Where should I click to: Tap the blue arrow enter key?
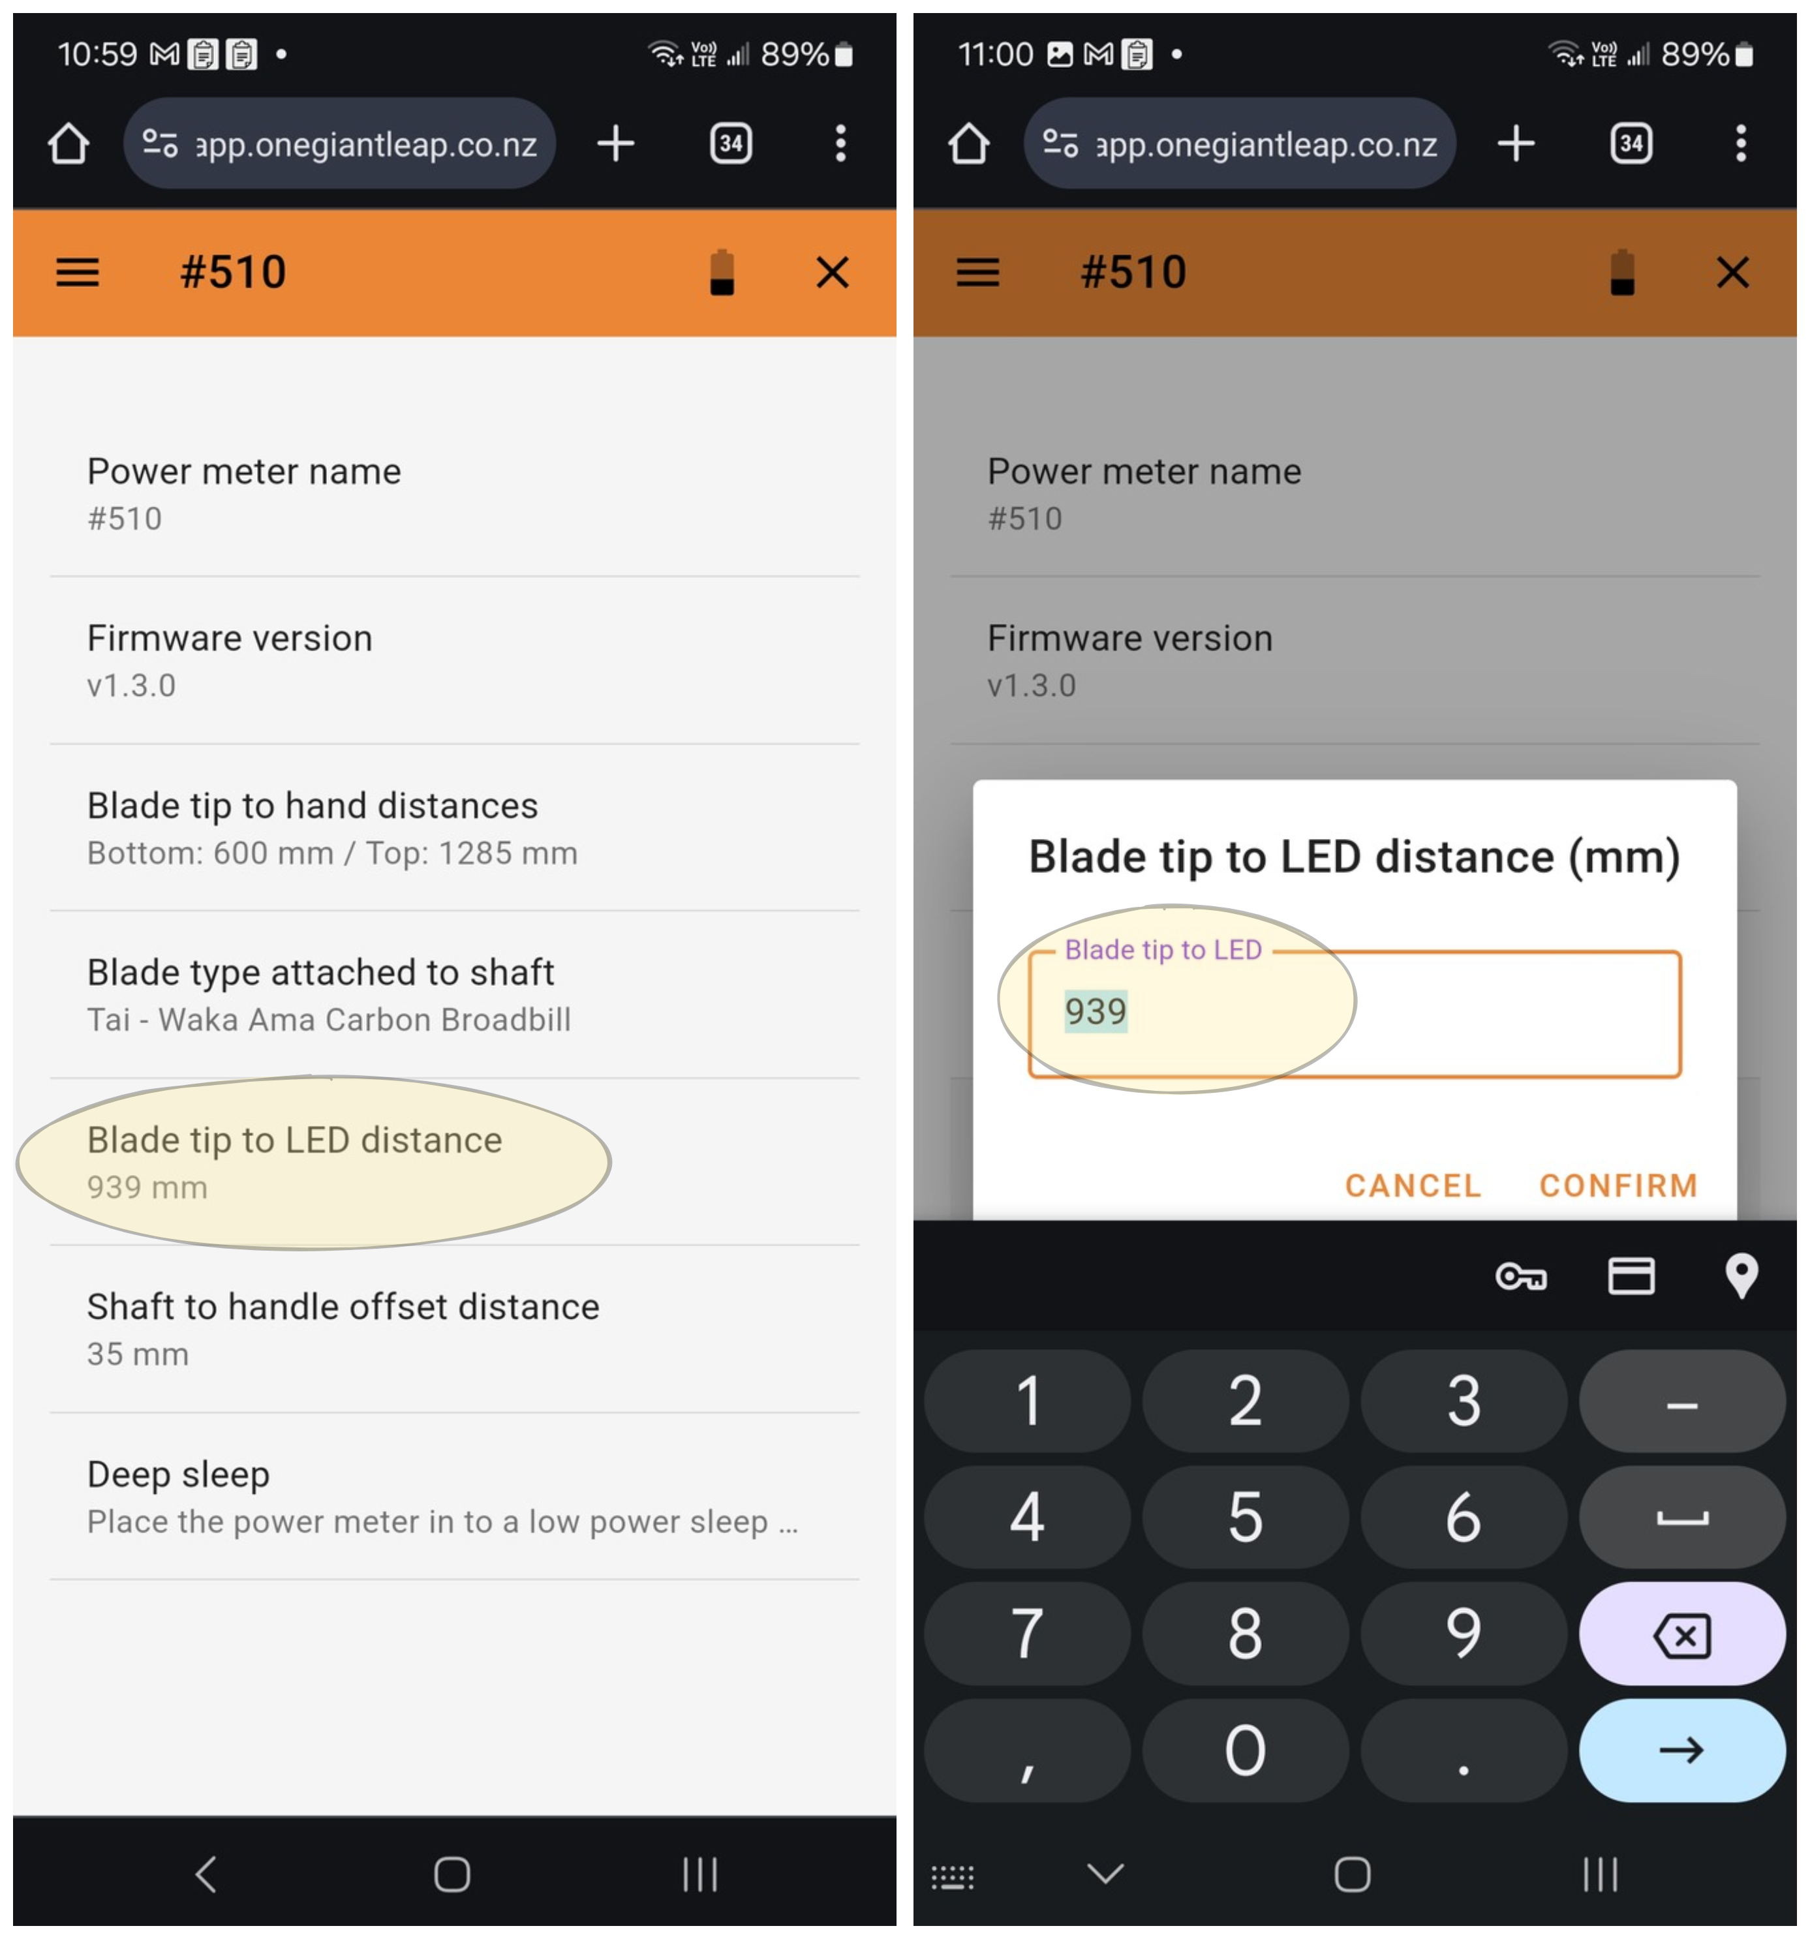click(x=1681, y=1750)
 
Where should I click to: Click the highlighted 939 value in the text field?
click(x=1095, y=1011)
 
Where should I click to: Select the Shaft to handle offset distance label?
click(x=343, y=1306)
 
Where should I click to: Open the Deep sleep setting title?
click(x=179, y=1474)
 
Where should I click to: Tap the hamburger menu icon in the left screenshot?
click(x=77, y=272)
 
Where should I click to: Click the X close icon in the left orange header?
click(x=832, y=272)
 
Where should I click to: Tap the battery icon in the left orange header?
click(x=722, y=272)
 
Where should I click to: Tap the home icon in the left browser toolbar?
click(x=69, y=144)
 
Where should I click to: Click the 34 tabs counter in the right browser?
click(x=1631, y=144)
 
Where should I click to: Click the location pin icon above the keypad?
click(x=1741, y=1275)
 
